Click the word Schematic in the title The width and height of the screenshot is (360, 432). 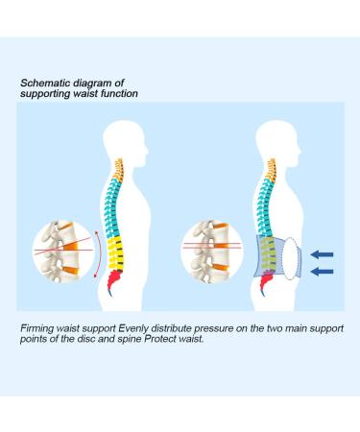coord(42,84)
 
